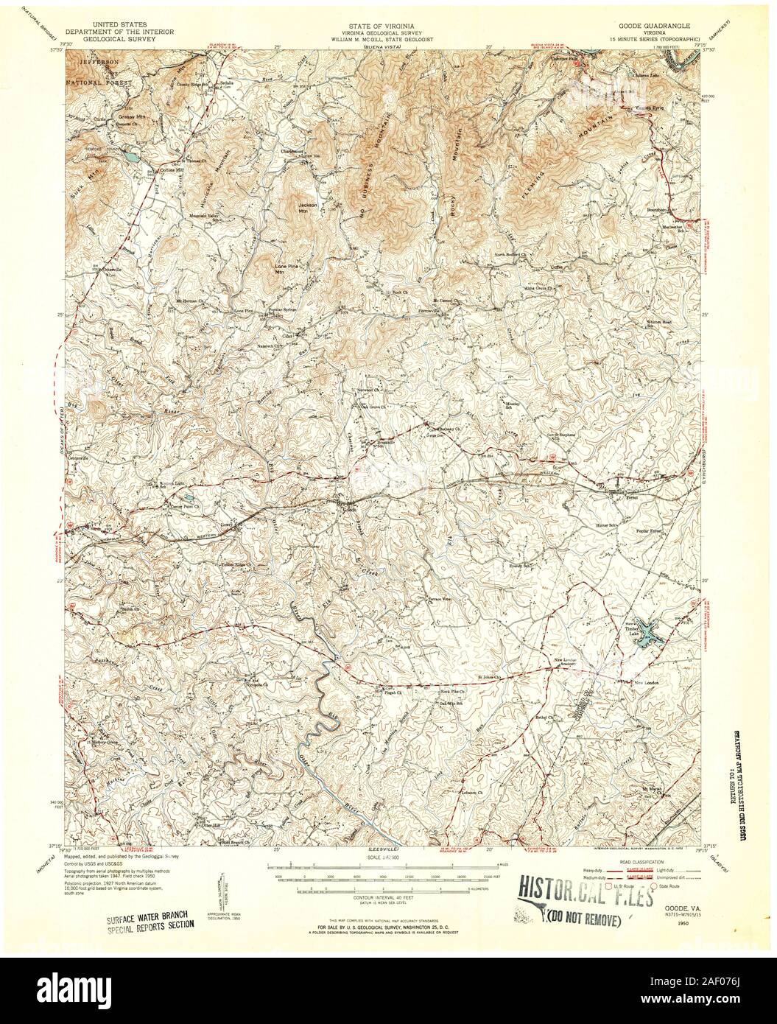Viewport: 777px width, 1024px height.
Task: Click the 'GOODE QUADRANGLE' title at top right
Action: tap(646, 24)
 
